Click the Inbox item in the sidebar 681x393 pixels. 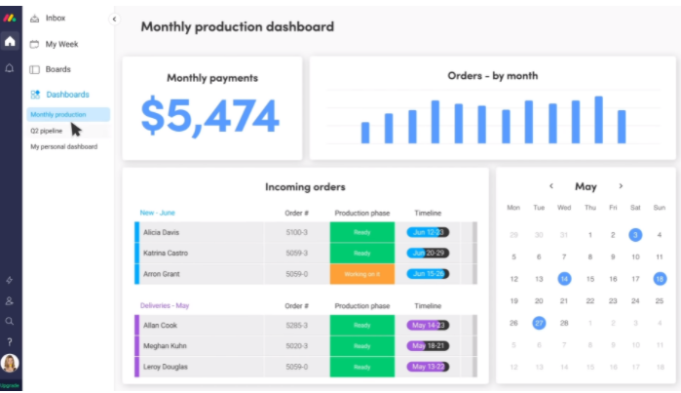(x=55, y=18)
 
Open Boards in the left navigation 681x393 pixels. (x=57, y=69)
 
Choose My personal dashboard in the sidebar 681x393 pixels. (x=64, y=147)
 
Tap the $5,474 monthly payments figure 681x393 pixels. (x=210, y=116)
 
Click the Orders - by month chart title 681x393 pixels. (x=492, y=75)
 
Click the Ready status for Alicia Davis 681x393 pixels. (x=361, y=232)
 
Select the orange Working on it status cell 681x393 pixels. (x=361, y=274)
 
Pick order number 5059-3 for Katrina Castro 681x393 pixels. (x=297, y=254)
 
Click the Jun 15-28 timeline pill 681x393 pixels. (x=427, y=274)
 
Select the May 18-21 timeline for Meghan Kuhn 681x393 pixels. (x=427, y=345)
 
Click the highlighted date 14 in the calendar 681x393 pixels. (x=563, y=279)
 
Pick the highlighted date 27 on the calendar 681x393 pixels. (x=539, y=323)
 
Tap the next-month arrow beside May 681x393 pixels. (x=621, y=186)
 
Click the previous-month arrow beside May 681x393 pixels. (x=551, y=186)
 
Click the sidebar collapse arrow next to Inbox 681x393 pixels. (x=113, y=19)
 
